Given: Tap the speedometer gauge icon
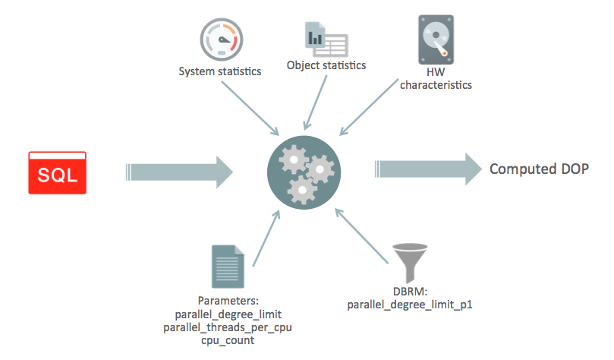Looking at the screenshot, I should coord(219,38).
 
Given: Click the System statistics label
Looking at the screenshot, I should coord(219,72).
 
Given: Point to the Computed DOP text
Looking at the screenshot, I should coord(538,169).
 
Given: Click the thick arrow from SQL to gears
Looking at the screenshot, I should coord(178,172).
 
